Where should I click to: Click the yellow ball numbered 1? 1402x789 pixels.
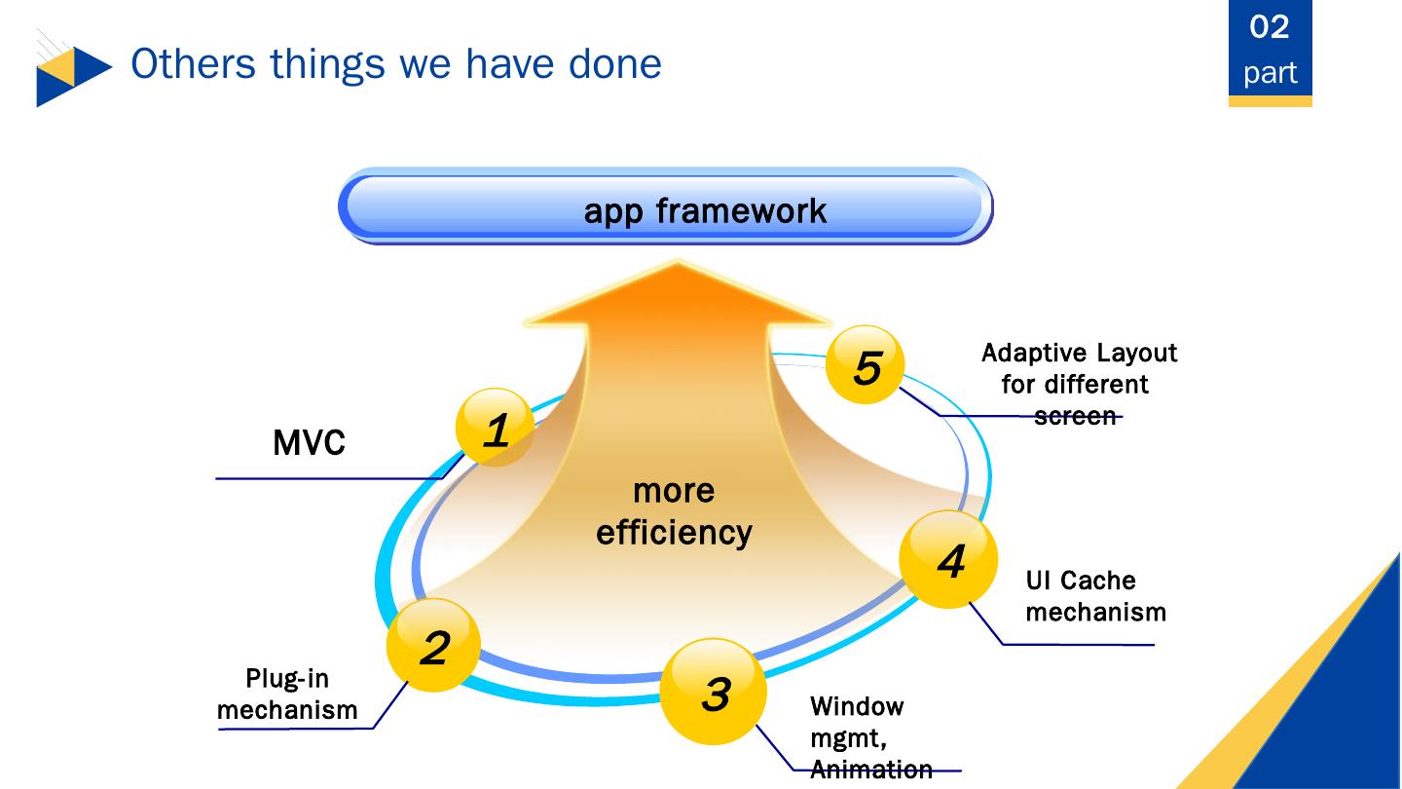coord(496,428)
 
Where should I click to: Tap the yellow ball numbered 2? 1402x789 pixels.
coord(434,646)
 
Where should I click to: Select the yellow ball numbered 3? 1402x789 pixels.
coord(714,692)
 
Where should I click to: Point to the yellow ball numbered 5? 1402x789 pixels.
coord(865,365)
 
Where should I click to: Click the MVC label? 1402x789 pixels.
coord(309,444)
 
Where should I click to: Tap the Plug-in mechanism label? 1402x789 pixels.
coord(287,694)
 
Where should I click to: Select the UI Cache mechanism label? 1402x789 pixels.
coord(1095,596)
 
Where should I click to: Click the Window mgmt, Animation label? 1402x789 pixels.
coord(870,737)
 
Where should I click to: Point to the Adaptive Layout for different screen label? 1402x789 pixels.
coord(1079,384)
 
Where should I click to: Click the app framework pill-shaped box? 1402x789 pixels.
coord(665,207)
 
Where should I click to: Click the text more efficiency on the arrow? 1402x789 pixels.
coord(674,511)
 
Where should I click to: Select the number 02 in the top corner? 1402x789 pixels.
coord(1270,26)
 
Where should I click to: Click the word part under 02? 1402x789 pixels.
coord(1270,72)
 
